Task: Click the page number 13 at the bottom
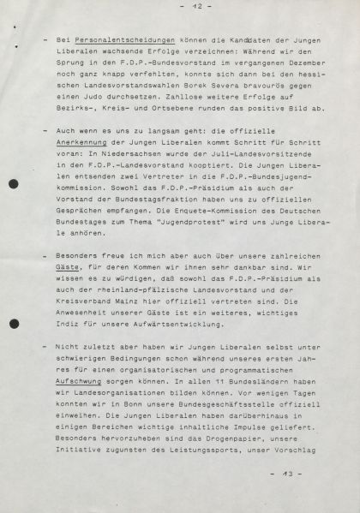[x=282, y=473]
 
